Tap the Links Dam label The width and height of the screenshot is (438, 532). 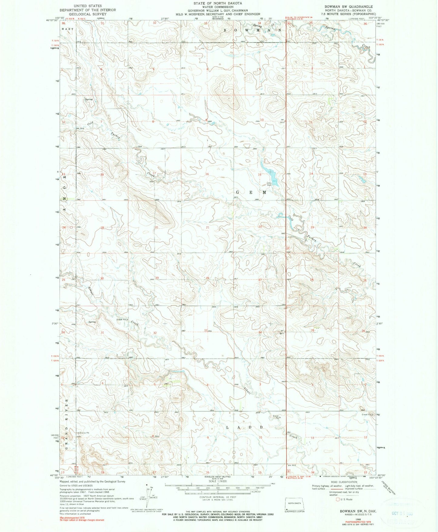coord(269,184)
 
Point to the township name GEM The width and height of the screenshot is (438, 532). coord(251,193)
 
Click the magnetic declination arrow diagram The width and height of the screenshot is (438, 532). coord(147,500)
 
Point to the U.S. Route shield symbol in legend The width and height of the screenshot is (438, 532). coord(336,499)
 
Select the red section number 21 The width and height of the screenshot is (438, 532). coord(208,227)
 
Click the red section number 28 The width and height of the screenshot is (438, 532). coord(208,278)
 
